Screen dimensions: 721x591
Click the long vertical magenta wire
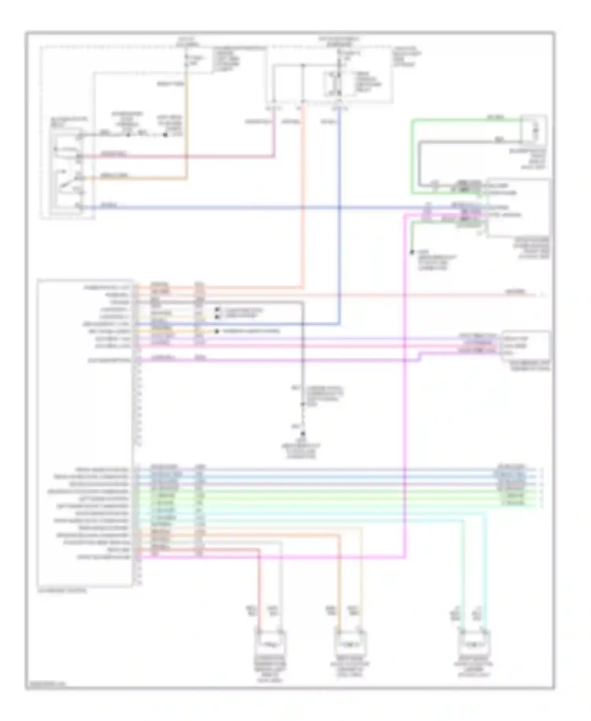[x=405, y=394]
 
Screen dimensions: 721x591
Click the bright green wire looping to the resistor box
[x=412, y=158]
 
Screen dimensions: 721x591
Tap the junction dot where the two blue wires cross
[x=339, y=207]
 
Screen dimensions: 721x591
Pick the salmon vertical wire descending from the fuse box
[x=303, y=197]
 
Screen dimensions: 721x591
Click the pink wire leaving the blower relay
[x=177, y=157]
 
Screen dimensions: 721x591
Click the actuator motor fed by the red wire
[x=270, y=644]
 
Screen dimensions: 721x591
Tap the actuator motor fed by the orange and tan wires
[x=350, y=644]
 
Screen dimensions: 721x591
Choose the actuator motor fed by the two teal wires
[x=474, y=644]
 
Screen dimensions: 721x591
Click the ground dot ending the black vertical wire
[x=303, y=434]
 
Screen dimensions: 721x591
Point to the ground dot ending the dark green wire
[x=412, y=252]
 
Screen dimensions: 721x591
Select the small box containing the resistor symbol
[x=533, y=129]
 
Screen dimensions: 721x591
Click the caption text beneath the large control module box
[x=62, y=591]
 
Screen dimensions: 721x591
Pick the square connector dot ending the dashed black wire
[x=165, y=135]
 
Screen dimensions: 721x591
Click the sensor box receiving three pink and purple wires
[x=525, y=346]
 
